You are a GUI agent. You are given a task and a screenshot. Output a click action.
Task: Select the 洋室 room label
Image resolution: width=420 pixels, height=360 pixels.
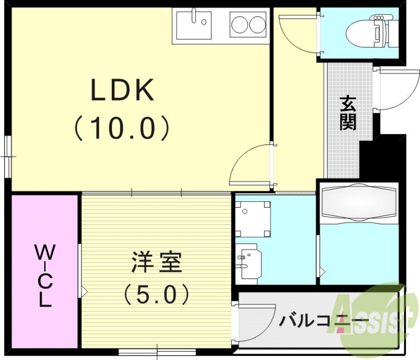tap(156, 262)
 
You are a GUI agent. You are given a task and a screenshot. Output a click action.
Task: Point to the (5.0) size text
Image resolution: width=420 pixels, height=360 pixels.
tap(156, 295)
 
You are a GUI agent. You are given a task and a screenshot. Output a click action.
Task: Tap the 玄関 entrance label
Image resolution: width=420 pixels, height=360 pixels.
tap(348, 112)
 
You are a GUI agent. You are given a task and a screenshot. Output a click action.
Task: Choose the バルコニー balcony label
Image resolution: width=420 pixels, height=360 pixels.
tap(323, 320)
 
